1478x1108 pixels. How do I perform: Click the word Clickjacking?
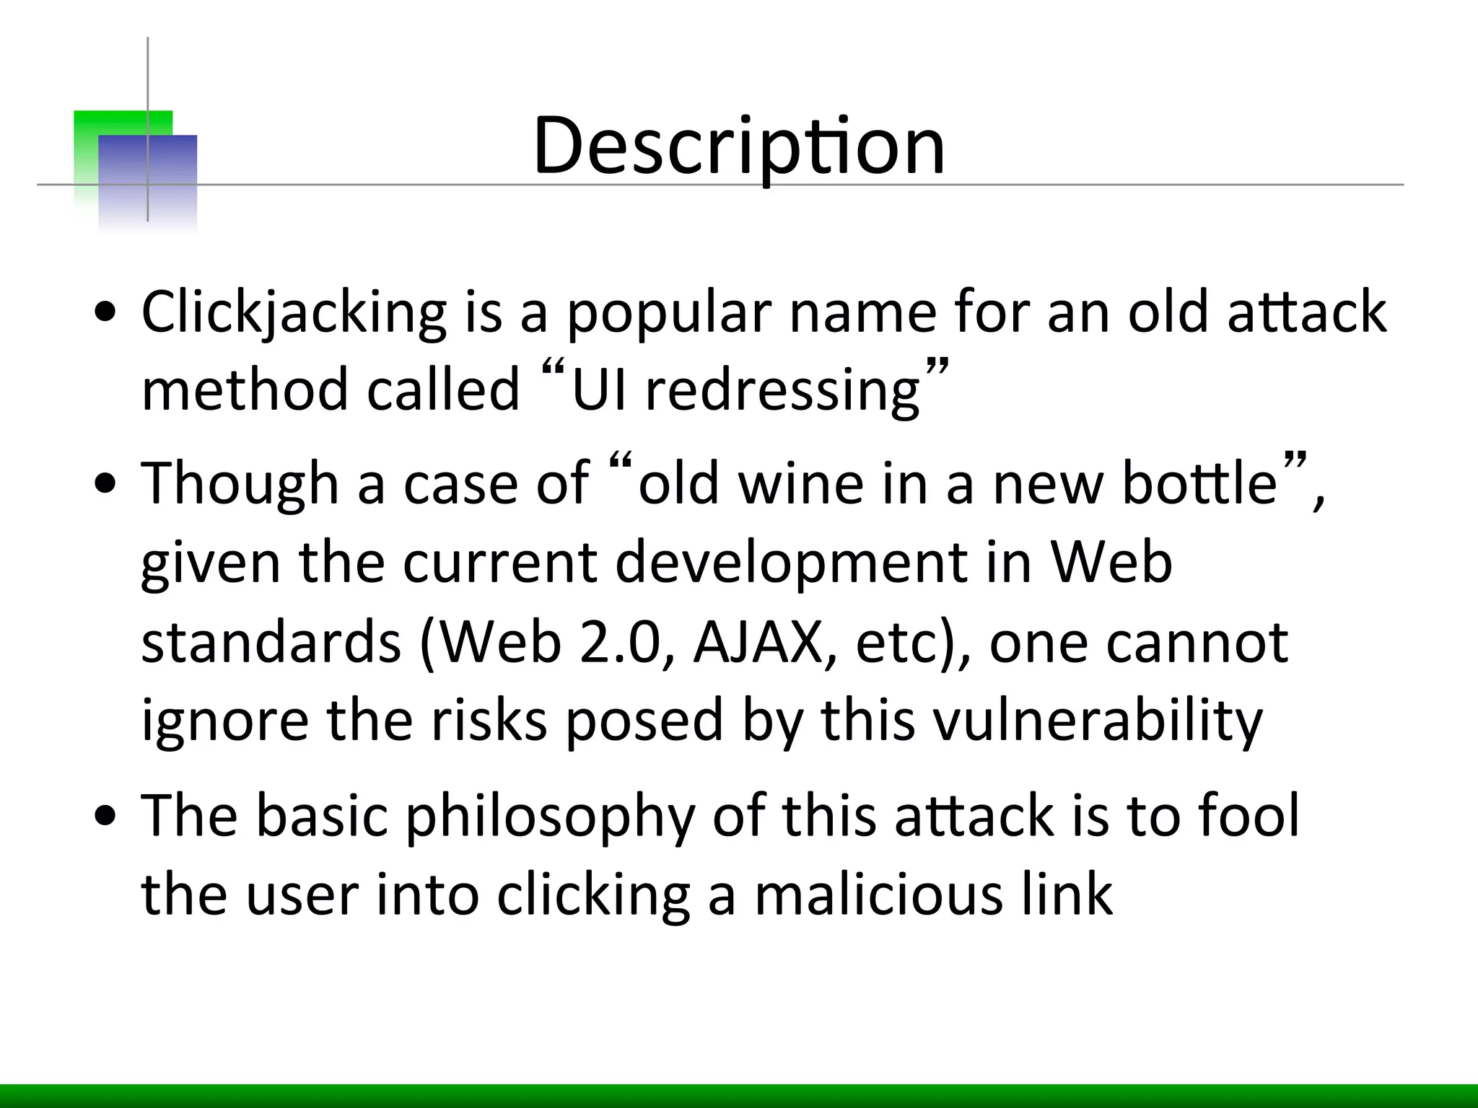pos(294,312)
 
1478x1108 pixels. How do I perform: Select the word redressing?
pos(782,390)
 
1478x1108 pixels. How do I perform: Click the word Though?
pos(240,484)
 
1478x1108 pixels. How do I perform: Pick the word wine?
pos(801,483)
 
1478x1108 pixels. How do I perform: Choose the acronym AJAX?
pos(758,642)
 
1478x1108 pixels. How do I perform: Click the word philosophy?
pos(549,817)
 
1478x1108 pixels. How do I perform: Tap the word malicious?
pos(878,894)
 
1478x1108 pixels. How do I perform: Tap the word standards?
pos(271,642)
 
